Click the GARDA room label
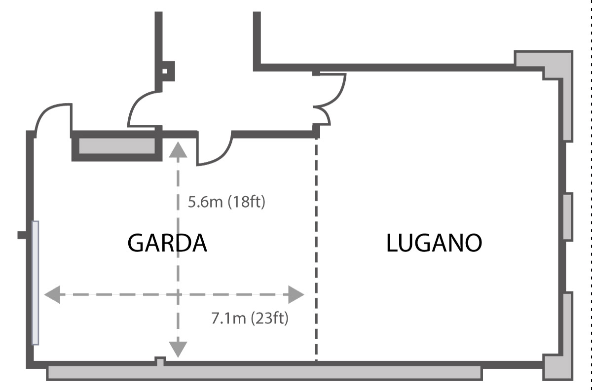167,243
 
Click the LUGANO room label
434,243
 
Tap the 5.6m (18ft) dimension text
226,202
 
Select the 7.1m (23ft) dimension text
250,318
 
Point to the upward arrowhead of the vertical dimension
178,150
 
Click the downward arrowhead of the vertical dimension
178,350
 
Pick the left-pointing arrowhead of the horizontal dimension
52,294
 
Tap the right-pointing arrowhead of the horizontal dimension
296,294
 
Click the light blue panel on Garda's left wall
36,283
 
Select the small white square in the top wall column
165,71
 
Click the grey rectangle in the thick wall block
117,146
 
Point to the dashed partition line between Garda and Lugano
316,249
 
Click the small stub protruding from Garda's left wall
22,235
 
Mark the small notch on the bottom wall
160,361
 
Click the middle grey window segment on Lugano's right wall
568,217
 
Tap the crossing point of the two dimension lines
178,294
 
